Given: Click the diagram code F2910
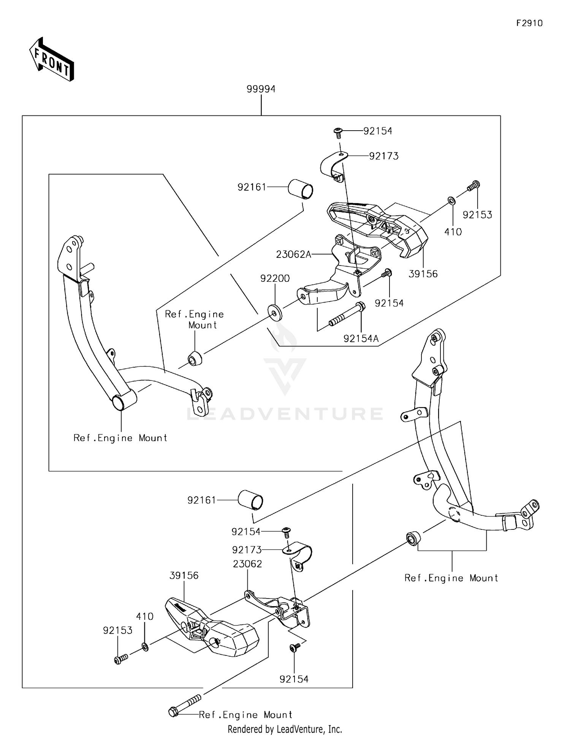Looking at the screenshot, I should [529, 24].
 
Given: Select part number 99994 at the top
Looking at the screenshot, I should [261, 89].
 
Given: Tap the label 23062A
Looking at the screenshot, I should [293, 254].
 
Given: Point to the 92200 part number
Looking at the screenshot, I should [275, 279].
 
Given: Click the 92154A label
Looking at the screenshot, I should [361, 338].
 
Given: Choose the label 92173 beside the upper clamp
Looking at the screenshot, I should [384, 156].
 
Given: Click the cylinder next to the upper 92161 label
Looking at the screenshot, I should [300, 189].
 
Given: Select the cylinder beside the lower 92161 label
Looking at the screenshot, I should [250, 500].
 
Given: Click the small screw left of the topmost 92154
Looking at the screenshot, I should [337, 131].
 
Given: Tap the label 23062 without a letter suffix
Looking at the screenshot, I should [247, 564].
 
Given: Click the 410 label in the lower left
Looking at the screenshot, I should [145, 616].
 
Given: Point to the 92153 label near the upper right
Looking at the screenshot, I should [477, 215].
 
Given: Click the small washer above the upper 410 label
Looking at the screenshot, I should [451, 200].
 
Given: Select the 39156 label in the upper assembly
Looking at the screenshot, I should [423, 274].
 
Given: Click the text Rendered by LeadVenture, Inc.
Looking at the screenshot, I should [285, 729].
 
